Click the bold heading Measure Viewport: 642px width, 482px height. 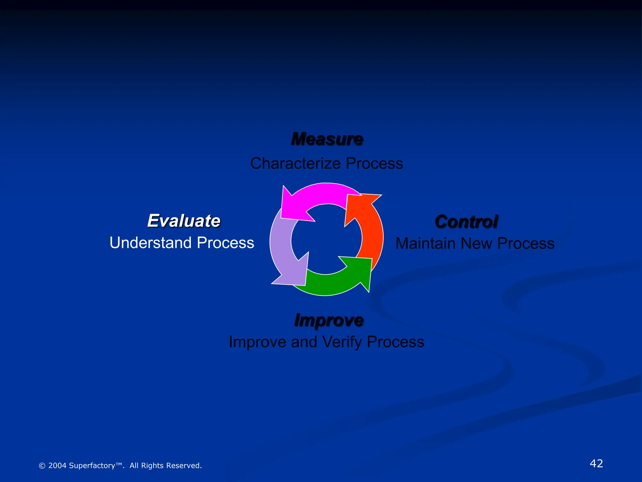pos(327,139)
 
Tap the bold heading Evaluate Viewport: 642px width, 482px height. pos(184,221)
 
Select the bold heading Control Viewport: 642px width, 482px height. pos(466,222)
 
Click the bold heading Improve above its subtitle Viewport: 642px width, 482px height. pos(329,320)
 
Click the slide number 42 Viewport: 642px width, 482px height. pos(596,463)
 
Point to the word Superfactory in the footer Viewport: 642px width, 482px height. pos(92,466)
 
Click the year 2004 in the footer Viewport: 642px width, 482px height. pos(57,466)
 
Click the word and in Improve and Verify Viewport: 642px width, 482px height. pos(304,342)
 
